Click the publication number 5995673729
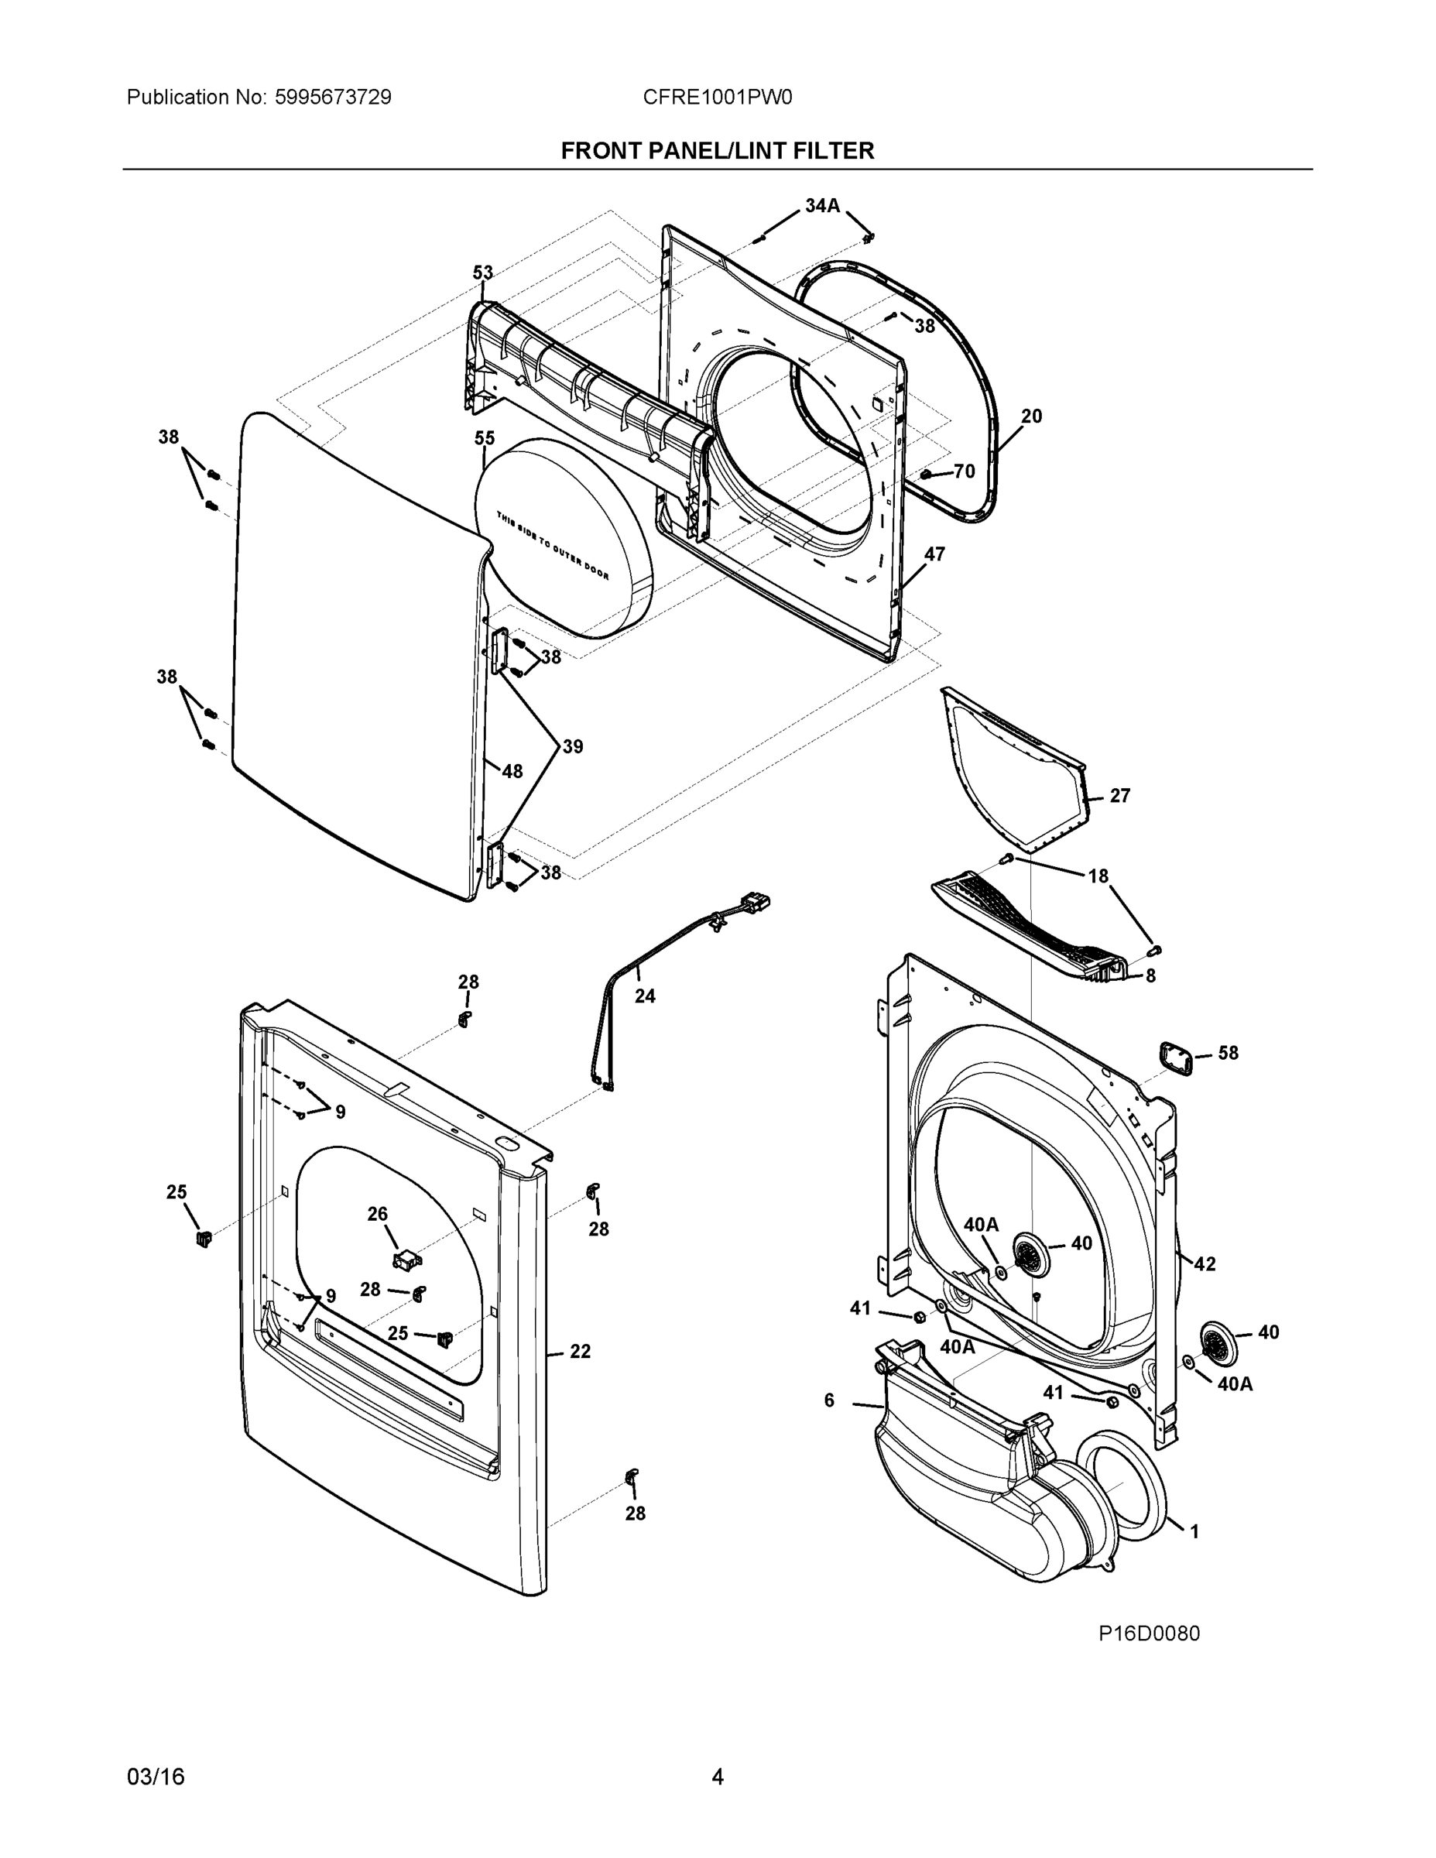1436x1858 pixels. [x=333, y=97]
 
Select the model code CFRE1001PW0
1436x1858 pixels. [x=717, y=97]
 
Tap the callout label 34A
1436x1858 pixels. [x=822, y=205]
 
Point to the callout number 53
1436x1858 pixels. [x=482, y=273]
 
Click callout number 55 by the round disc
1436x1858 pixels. [x=484, y=438]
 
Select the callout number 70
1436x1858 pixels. [x=964, y=471]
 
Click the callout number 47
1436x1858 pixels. [x=934, y=554]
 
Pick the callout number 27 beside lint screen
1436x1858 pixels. [x=1119, y=795]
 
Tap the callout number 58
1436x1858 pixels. [x=1228, y=1053]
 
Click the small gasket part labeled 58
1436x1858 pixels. [x=1175, y=1059]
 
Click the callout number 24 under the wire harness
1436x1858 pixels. [x=645, y=996]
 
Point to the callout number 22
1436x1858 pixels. [x=579, y=1351]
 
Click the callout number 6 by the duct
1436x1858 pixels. [x=829, y=1400]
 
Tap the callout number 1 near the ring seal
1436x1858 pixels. [x=1194, y=1531]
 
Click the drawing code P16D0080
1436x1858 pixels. [x=1149, y=1633]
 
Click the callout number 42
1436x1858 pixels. [x=1205, y=1264]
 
